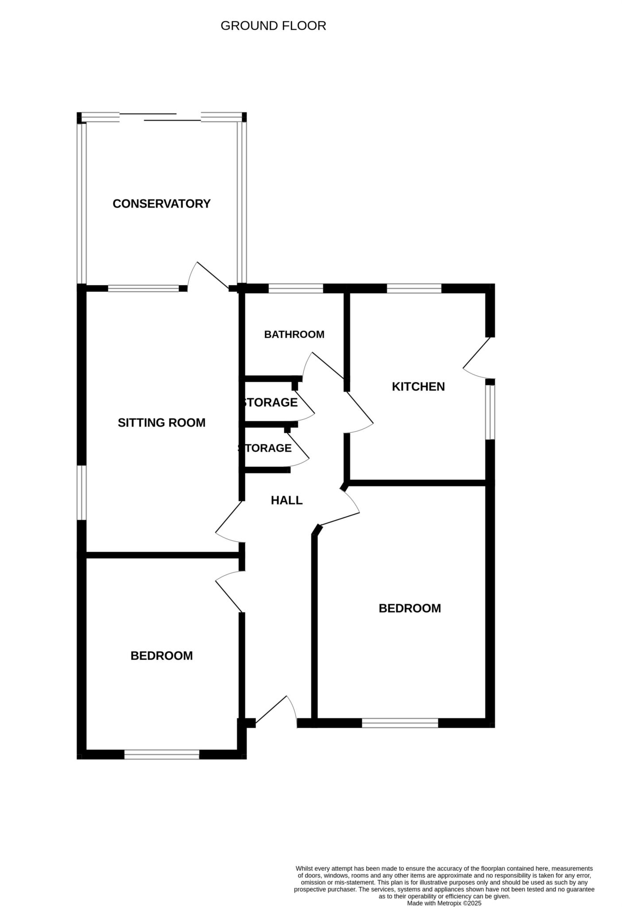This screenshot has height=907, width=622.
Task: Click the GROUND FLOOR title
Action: click(273, 26)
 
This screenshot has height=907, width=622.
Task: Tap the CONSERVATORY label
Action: click(162, 204)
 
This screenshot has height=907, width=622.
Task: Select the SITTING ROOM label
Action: click(162, 422)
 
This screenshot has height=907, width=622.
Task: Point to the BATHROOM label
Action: click(294, 334)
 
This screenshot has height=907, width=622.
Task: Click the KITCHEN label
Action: click(418, 387)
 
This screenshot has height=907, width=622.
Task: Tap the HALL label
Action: click(286, 500)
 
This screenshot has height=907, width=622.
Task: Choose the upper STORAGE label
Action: click(270, 403)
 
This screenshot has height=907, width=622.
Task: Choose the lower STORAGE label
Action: click(265, 448)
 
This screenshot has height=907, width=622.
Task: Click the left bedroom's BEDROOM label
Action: click(162, 655)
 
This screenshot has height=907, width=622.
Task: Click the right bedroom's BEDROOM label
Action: click(410, 608)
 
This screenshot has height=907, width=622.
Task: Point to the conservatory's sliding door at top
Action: click(160, 117)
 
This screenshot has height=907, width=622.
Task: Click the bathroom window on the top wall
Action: click(296, 288)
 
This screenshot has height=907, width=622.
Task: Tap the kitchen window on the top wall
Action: click(414, 288)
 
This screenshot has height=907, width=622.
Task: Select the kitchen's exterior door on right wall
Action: click(477, 358)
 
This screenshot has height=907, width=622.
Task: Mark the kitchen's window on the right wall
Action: click(490, 412)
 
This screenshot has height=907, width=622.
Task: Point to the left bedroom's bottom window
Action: click(162, 754)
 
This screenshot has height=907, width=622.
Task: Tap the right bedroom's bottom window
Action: click(400, 723)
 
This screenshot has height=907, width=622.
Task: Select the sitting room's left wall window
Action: click(81, 492)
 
